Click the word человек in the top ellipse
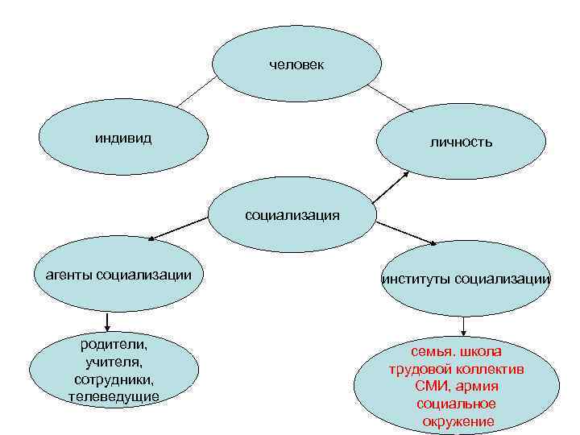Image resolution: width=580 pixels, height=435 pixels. (x=296, y=64)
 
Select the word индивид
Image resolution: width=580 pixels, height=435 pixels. (x=123, y=138)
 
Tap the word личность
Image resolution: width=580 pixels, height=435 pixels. (x=462, y=142)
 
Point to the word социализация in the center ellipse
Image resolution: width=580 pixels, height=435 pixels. (x=292, y=215)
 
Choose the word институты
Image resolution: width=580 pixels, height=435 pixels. (x=416, y=280)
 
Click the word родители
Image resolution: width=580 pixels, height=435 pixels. (x=114, y=346)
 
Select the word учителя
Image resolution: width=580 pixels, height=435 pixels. (x=114, y=362)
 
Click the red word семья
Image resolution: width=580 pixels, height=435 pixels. (x=433, y=353)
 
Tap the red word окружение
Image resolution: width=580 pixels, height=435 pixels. (x=457, y=421)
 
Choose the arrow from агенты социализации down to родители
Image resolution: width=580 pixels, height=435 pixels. (x=107, y=321)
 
